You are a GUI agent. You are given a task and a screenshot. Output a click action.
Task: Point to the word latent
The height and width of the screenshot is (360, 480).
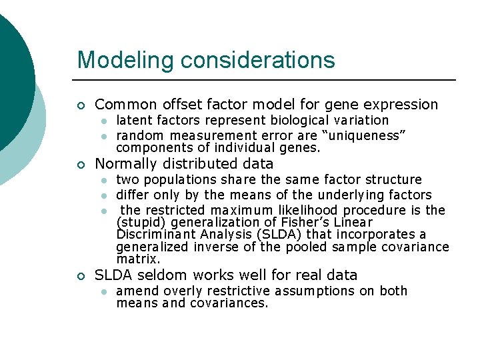[x=131, y=121]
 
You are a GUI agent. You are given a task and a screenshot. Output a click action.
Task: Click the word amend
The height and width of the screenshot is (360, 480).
[x=135, y=291]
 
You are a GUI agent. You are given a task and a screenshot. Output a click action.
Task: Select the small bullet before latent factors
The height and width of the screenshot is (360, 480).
[x=104, y=121]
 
